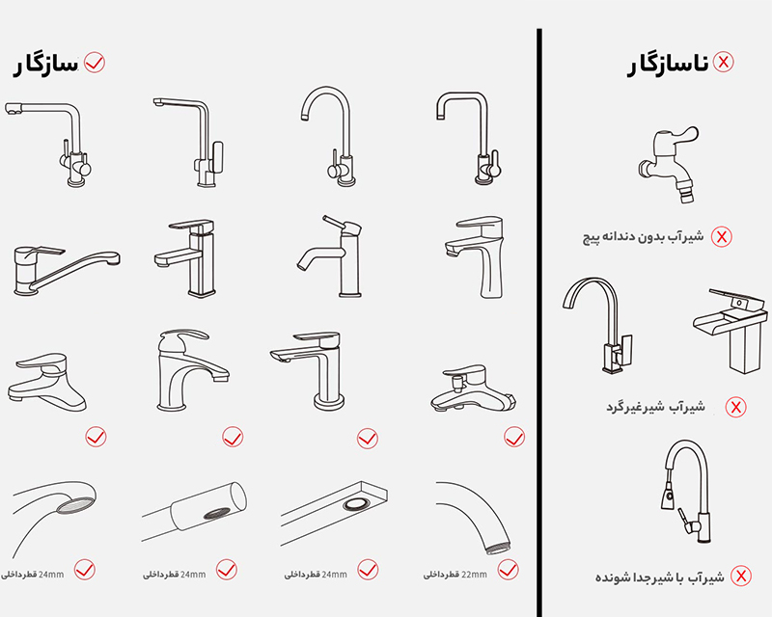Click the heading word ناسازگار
tap(668, 65)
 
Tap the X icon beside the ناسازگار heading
tap(723, 62)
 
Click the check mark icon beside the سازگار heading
tap(95, 63)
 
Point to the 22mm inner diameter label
tap(455, 575)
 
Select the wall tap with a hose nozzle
tap(668, 163)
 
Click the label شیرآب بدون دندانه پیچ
tap(644, 237)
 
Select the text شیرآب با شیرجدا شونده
tap(660, 577)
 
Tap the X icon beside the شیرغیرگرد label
tap(735, 407)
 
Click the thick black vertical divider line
tap(539, 323)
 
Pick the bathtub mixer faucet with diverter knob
tap(473, 389)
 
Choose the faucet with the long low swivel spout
tap(67, 270)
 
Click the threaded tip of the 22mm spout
tap(497, 548)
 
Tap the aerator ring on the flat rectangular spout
tap(356, 504)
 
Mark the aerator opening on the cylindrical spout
tap(217, 513)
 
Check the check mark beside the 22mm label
tap(508, 570)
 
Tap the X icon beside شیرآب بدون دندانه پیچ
tap(721, 236)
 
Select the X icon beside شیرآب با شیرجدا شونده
tap(740, 576)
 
